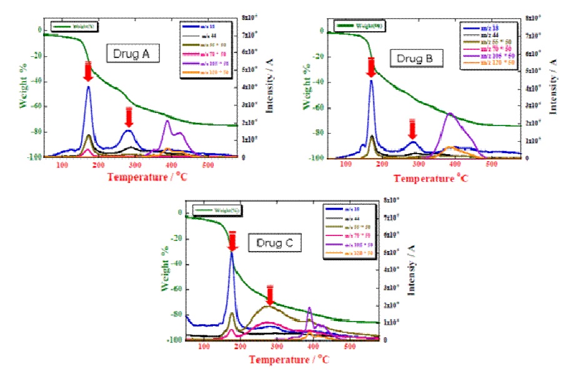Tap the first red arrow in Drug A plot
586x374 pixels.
[88, 72]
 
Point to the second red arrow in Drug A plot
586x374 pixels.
[129, 117]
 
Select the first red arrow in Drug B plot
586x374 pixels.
[370, 67]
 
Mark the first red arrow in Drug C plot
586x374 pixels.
[232, 241]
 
